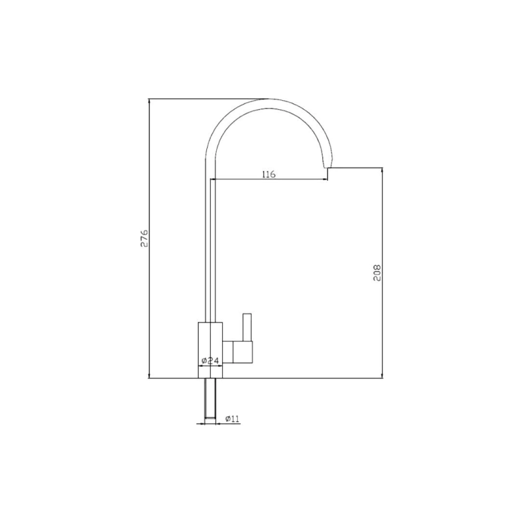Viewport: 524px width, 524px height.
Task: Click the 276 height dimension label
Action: (144, 238)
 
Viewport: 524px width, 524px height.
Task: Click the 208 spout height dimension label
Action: (377, 273)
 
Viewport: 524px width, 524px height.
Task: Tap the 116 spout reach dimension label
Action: (269, 174)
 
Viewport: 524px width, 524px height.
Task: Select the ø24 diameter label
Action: (210, 361)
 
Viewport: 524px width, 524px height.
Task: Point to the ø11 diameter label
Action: (233, 419)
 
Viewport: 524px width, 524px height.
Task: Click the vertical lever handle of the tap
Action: (248, 327)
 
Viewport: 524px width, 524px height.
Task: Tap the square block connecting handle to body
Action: (243, 352)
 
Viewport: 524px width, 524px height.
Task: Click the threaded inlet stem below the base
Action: (210, 398)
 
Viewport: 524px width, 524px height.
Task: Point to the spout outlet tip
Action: (327, 166)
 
